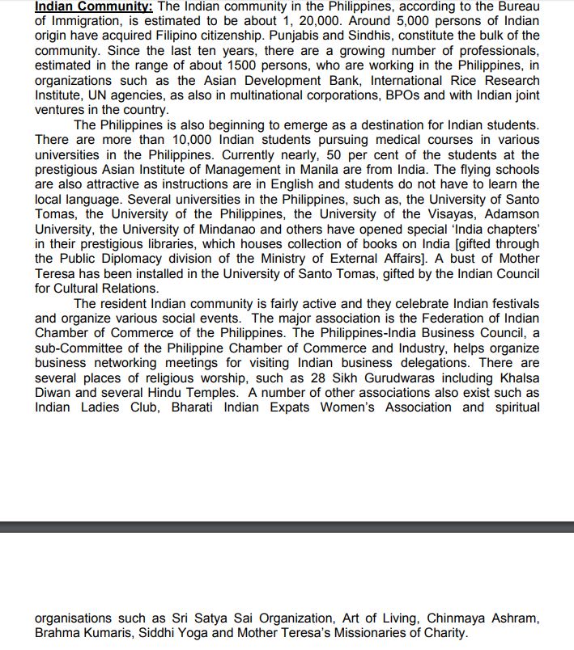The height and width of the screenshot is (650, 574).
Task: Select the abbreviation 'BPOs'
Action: click(399, 95)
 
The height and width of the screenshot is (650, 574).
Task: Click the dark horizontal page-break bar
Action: click(287, 526)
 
